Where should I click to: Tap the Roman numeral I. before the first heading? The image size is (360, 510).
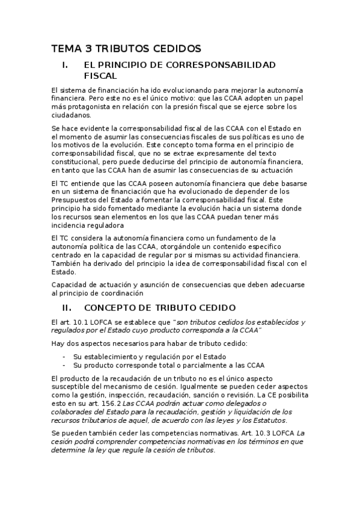click(58, 64)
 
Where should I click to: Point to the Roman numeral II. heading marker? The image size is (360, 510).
click(58, 308)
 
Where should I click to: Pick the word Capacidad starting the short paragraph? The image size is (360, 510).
click(70, 285)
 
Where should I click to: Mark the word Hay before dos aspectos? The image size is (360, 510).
click(58, 343)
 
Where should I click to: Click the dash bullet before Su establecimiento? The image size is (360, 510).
click(64, 356)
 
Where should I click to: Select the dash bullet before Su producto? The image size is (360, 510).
click(64, 364)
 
